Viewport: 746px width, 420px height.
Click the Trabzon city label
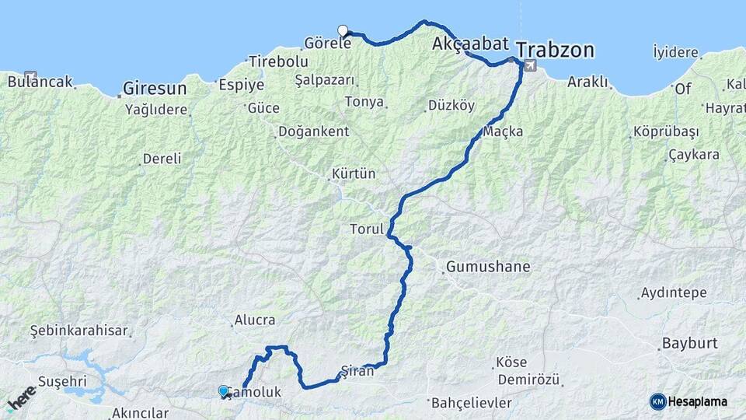(x=556, y=51)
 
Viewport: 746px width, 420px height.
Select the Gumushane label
(x=488, y=267)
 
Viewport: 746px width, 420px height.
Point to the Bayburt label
(x=688, y=343)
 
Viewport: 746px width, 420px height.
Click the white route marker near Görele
(x=343, y=30)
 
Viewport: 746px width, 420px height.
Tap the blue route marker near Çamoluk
(x=224, y=391)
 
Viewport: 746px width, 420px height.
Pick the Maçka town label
(x=503, y=131)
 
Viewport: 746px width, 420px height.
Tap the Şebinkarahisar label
(x=78, y=331)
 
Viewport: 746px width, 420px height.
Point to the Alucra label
(x=253, y=320)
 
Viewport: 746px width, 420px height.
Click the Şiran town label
(x=357, y=371)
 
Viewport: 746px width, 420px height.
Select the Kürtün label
(x=354, y=173)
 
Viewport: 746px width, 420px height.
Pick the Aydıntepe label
(x=673, y=293)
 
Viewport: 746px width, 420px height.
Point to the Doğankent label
(x=313, y=131)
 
